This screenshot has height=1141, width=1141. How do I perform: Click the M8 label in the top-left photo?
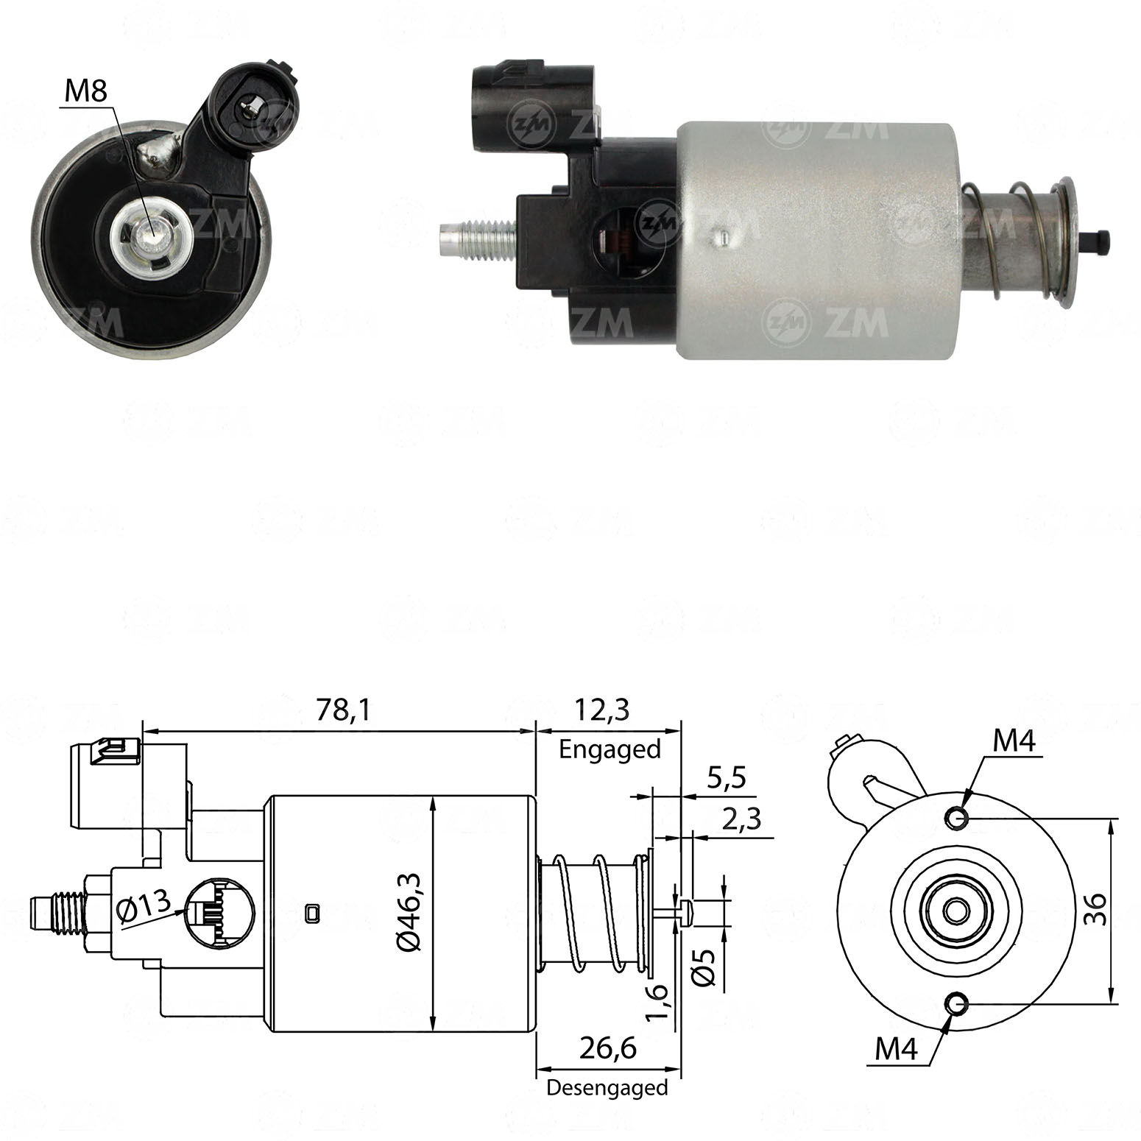click(85, 92)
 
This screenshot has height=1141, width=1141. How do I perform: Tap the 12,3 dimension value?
click(602, 710)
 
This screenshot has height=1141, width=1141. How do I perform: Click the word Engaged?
click(610, 749)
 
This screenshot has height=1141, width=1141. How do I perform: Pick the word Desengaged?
click(607, 1087)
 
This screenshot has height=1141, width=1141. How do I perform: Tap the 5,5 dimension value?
click(727, 777)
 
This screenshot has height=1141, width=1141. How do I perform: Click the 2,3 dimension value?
click(741, 819)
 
